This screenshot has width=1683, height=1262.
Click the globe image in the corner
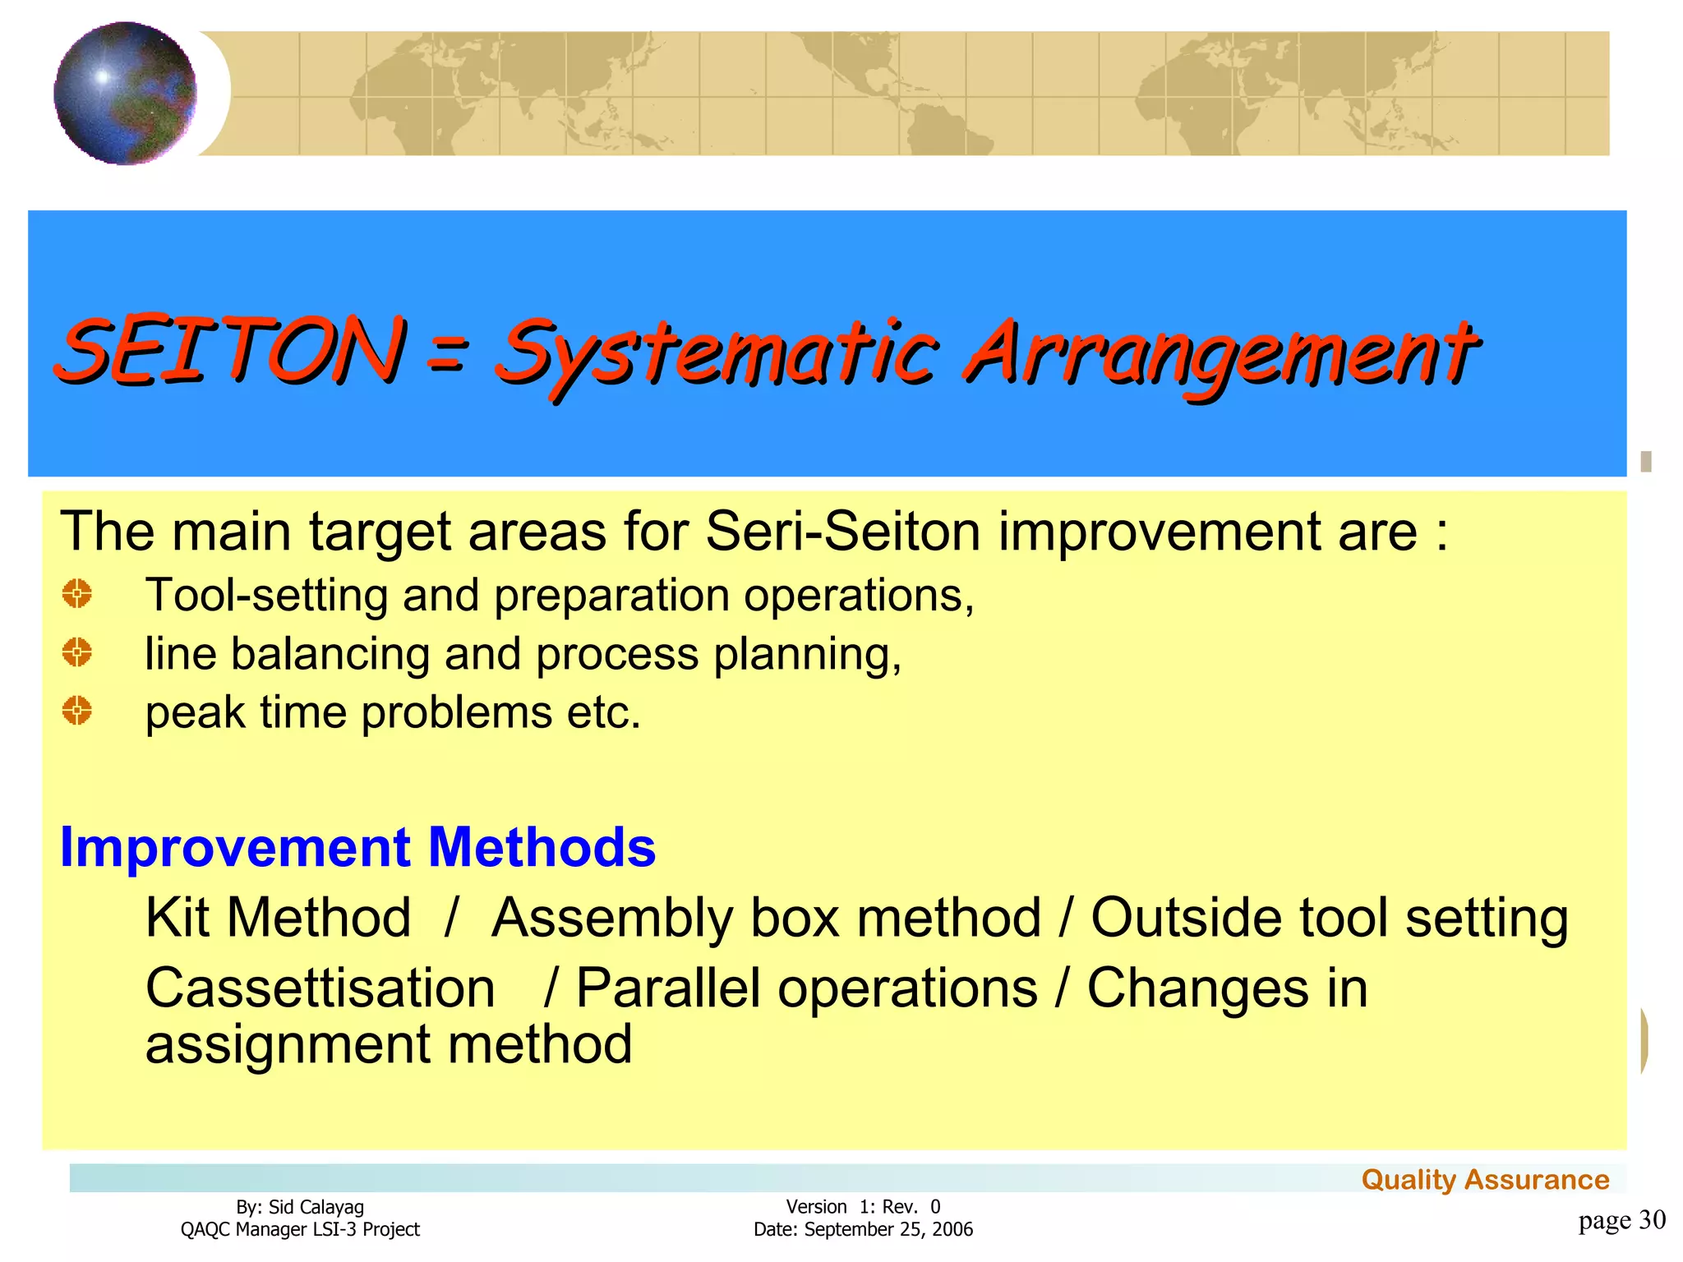tap(125, 93)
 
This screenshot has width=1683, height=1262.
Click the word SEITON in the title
tap(230, 351)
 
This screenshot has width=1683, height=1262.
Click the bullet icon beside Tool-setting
tap(77, 593)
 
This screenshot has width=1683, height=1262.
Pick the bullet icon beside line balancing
tap(77, 652)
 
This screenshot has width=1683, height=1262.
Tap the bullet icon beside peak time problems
tap(77, 711)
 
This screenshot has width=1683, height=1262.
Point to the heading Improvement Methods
tap(357, 847)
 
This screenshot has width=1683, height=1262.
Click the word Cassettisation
tap(320, 988)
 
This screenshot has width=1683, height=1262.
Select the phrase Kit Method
tap(278, 918)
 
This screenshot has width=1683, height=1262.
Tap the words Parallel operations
tap(806, 988)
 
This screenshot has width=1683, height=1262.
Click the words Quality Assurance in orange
tap(1484, 1180)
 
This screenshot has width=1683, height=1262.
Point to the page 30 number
tap(1621, 1220)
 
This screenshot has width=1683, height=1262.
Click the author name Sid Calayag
tap(316, 1207)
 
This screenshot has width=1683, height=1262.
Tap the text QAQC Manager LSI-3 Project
tap(300, 1230)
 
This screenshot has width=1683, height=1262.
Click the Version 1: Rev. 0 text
tap(863, 1207)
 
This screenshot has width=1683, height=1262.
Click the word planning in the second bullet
tap(807, 655)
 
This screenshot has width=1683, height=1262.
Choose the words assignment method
tap(388, 1045)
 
